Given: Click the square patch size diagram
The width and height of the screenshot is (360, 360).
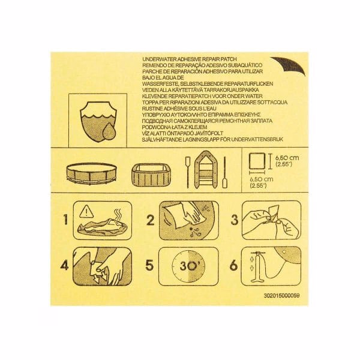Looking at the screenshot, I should (259, 163).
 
